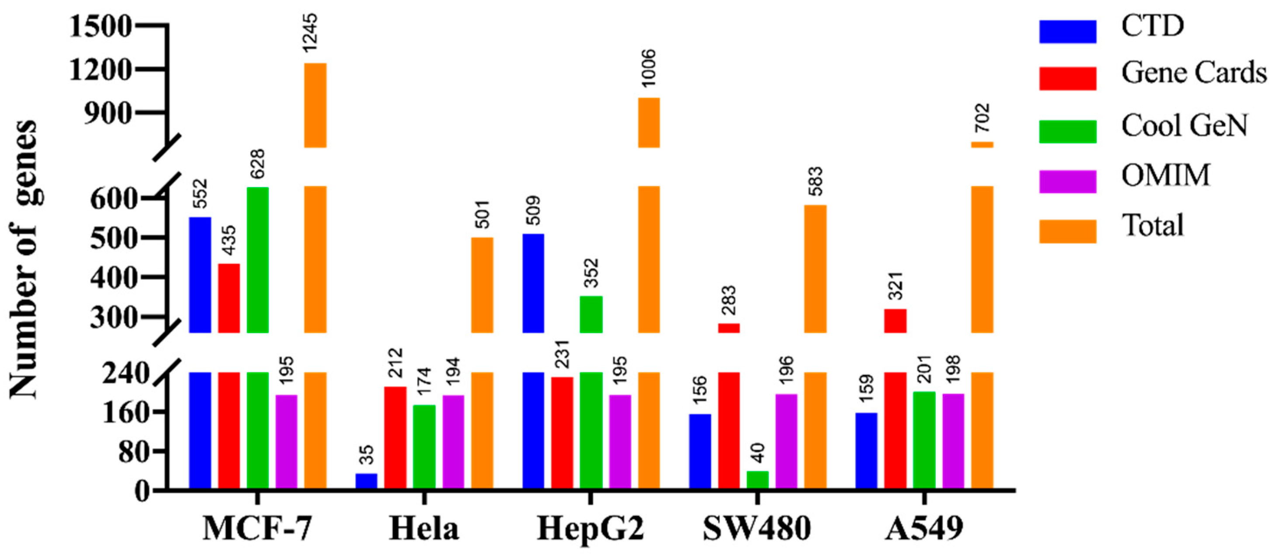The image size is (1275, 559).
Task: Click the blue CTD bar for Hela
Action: (x=366, y=481)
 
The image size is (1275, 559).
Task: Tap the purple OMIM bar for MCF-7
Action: (x=286, y=442)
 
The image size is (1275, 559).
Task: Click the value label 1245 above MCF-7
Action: (x=310, y=33)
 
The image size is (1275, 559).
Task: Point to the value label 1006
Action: (x=647, y=68)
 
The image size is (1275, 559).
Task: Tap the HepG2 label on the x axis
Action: (x=591, y=529)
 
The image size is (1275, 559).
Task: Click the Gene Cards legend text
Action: (x=1193, y=73)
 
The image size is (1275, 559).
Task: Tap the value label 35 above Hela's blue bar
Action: (x=367, y=455)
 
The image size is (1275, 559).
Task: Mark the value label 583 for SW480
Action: (x=815, y=182)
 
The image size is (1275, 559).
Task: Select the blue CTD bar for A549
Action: (x=866, y=451)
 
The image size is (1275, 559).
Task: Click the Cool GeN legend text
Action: (x=1185, y=126)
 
